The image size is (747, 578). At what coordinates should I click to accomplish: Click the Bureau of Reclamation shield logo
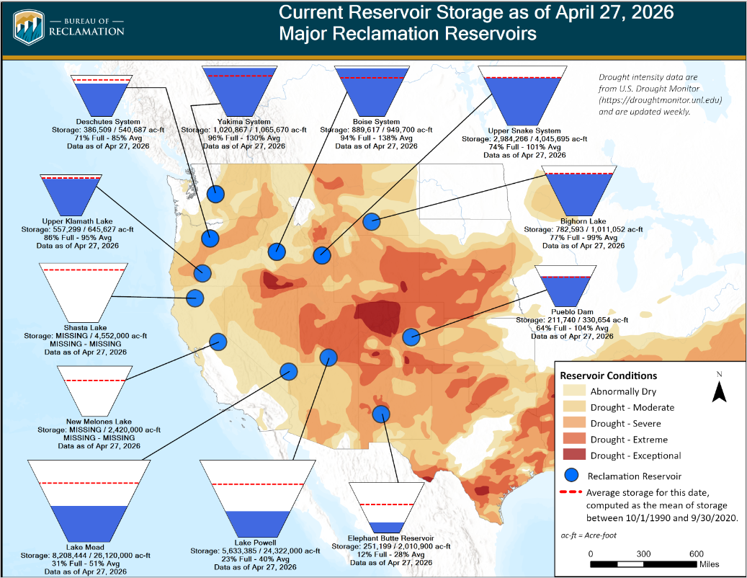point(29,27)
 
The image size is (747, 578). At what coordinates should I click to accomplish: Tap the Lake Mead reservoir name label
point(85,548)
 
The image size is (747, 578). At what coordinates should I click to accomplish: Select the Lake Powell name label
point(255,543)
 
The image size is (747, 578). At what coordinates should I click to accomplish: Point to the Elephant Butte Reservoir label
point(390,538)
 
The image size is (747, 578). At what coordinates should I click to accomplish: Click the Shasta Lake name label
point(85,328)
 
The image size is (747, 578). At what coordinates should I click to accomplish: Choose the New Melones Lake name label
point(99,422)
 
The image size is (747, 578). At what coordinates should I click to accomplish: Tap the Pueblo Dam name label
point(572,312)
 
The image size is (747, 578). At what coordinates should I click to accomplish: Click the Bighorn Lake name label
point(583,221)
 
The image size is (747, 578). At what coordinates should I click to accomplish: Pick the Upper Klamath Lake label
point(77,221)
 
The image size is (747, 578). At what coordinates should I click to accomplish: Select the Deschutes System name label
point(108,122)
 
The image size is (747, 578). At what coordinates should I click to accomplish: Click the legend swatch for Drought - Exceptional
point(574,454)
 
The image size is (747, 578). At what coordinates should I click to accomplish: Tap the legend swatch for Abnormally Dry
point(574,390)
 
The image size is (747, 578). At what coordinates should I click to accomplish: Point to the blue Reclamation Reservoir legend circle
point(571,475)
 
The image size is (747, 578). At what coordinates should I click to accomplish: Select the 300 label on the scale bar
point(643,553)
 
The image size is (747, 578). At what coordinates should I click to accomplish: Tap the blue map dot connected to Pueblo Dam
point(411,337)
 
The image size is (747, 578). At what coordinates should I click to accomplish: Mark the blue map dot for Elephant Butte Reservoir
point(380,414)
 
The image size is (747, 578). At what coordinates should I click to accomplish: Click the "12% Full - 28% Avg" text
point(391,554)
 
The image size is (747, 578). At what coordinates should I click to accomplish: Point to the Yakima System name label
point(244,122)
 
